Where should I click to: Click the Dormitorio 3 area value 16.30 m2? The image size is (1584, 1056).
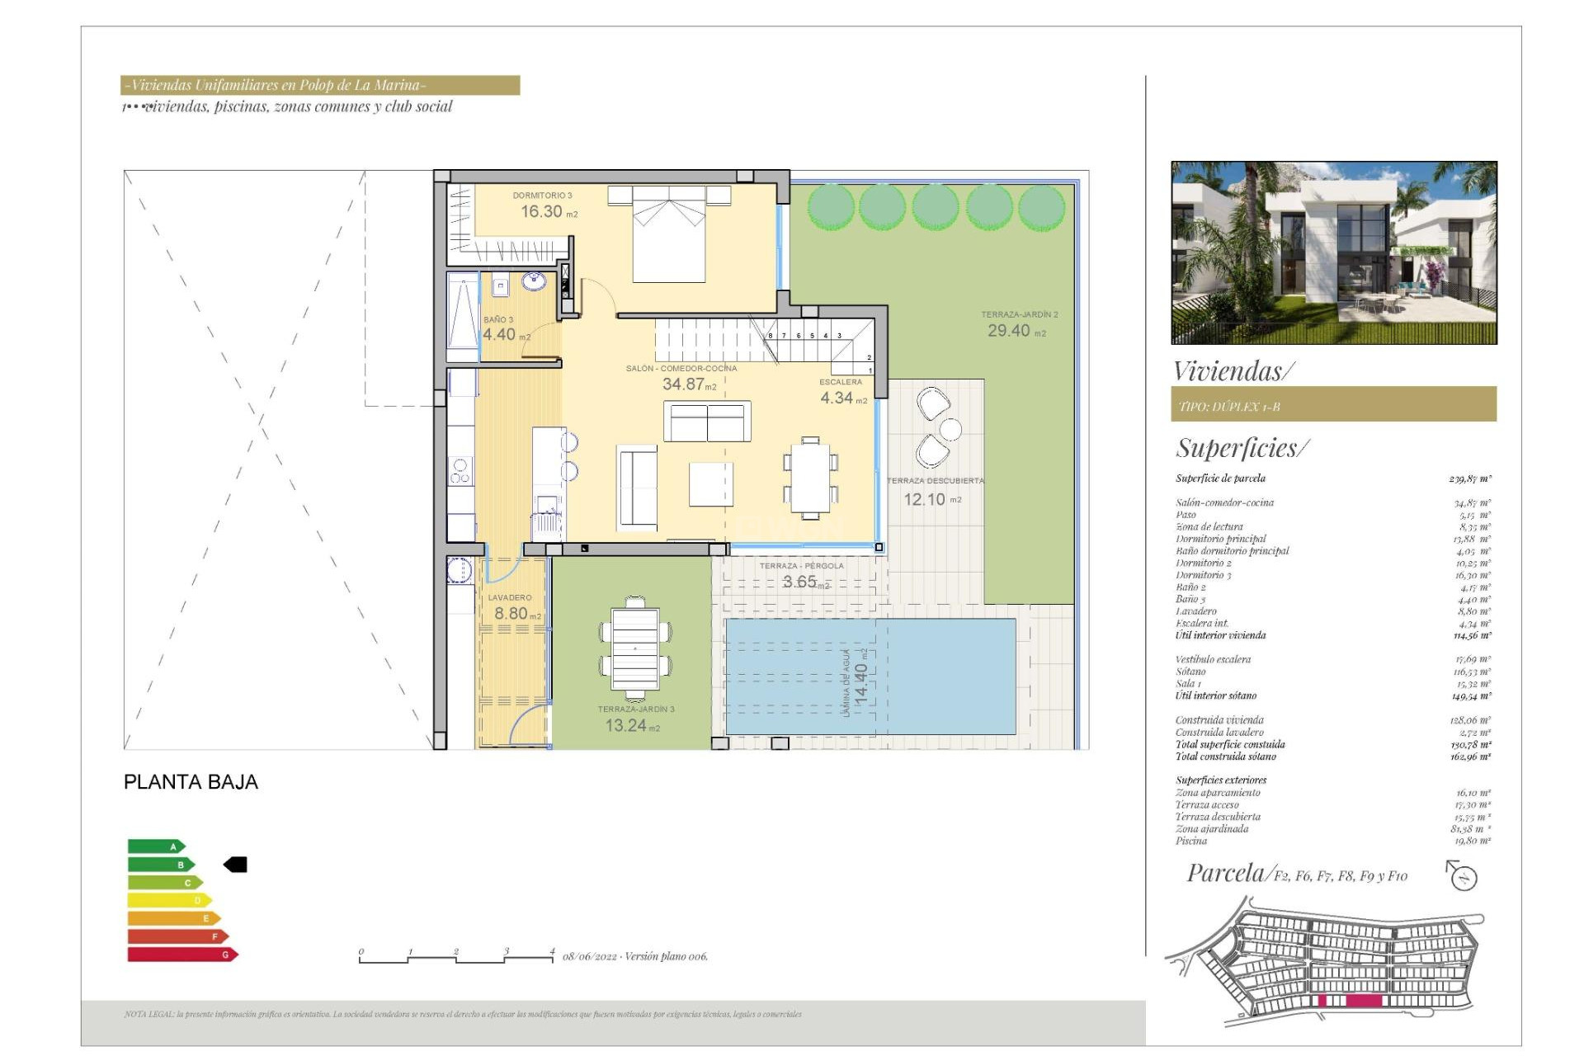pos(548,212)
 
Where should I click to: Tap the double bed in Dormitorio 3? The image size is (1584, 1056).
pos(668,235)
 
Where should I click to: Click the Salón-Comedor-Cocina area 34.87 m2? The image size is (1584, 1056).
pos(689,384)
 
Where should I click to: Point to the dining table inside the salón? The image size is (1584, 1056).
pos(810,478)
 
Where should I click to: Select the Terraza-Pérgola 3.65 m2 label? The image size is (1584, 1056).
pos(804,582)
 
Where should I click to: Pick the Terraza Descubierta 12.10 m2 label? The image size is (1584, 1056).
pos(931,499)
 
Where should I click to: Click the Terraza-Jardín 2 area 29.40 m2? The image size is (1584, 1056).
pos(1016,331)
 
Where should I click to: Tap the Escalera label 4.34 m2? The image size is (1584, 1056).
pos(842,398)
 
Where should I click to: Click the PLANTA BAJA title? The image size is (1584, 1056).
pos(191,782)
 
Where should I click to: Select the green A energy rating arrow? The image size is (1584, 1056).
pos(156,846)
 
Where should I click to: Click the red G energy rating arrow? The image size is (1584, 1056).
pos(181,955)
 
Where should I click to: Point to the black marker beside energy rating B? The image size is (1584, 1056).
pos(236,865)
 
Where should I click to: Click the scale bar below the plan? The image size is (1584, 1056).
pos(456,958)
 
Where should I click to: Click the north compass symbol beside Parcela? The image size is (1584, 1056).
pos(1463,875)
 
